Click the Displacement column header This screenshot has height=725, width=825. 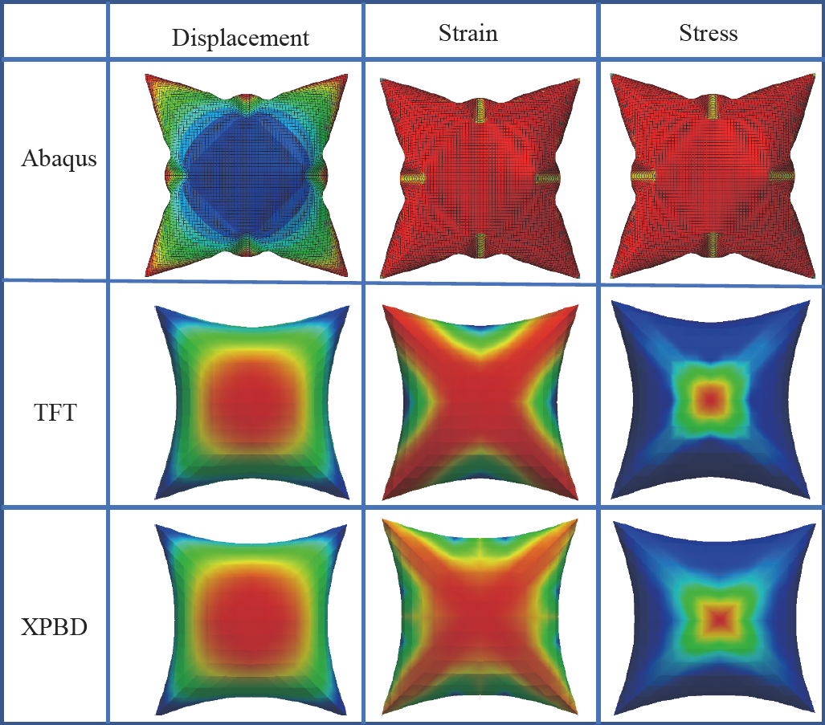pos(240,38)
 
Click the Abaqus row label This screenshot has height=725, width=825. pos(59,158)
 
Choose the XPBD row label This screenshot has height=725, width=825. pos(55,625)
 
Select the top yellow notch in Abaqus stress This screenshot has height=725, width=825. pos(713,104)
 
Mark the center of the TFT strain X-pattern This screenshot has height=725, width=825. pos(480,400)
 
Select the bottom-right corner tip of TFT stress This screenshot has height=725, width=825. pos(807,494)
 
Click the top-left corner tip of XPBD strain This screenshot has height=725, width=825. pos(382,522)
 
